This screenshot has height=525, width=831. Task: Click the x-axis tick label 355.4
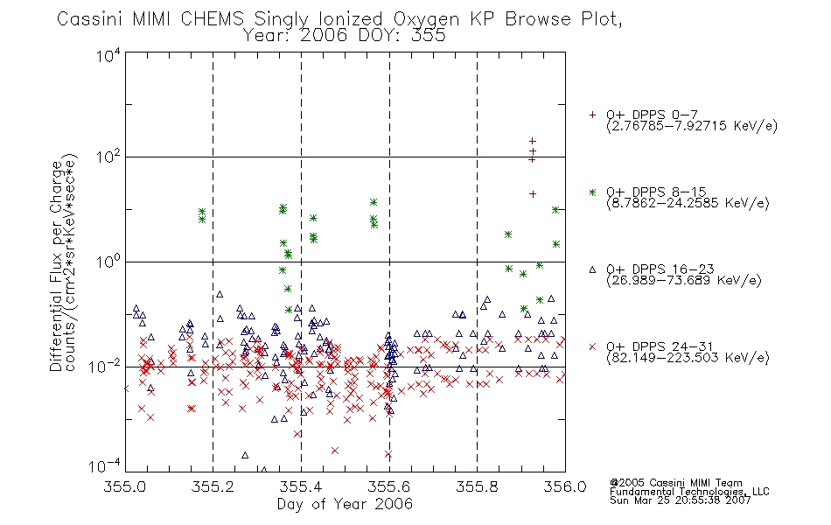301,486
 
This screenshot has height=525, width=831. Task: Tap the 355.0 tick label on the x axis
125,486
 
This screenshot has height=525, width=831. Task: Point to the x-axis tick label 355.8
477,486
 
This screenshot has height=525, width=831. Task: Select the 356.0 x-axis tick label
565,486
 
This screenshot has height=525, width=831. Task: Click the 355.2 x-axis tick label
213,486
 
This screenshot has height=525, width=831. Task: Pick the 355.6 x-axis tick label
389,486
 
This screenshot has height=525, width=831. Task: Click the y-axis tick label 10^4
108,54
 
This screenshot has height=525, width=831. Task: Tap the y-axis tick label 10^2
108,157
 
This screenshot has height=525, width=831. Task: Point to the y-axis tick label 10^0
108,262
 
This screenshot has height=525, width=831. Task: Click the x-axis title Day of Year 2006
345,504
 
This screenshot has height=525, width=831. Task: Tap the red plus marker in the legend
592,115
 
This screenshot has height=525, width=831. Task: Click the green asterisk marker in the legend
592,192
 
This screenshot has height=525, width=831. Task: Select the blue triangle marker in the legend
592,269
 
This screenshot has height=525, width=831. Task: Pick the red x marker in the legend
592,346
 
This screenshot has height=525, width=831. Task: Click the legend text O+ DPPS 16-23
660,269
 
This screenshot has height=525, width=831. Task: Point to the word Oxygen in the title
426,19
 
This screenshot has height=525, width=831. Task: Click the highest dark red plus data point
533,141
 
